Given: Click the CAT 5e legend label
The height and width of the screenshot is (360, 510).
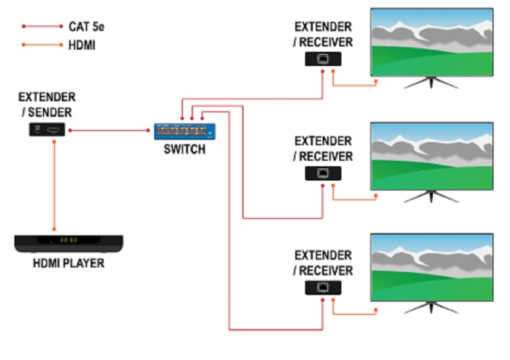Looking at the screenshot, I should [x=86, y=26].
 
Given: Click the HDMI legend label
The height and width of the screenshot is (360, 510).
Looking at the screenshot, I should [x=82, y=45].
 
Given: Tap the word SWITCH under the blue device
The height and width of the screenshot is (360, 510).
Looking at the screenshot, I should [x=184, y=149].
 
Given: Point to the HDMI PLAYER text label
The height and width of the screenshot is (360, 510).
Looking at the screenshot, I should [x=69, y=263].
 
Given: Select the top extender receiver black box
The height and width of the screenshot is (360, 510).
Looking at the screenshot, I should [x=323, y=59].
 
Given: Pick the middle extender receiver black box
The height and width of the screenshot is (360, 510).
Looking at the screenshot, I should [x=323, y=173].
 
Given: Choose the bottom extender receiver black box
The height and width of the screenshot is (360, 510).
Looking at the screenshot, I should [x=323, y=288].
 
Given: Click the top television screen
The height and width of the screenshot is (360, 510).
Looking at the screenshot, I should [x=431, y=42].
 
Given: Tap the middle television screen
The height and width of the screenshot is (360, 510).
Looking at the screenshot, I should [x=431, y=156].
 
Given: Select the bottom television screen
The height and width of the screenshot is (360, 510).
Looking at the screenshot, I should [x=431, y=267].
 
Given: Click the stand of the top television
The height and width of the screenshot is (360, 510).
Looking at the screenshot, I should [x=431, y=83].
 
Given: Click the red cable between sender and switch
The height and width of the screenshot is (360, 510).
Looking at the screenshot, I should [x=110, y=130].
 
